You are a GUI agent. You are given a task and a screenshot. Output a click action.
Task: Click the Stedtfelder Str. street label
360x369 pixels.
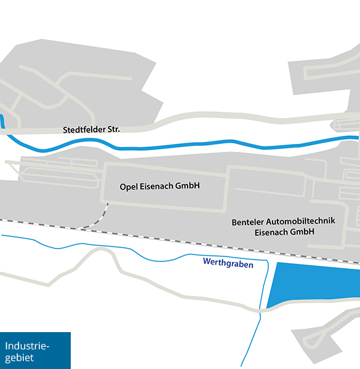pyautogui.click(x=91, y=130)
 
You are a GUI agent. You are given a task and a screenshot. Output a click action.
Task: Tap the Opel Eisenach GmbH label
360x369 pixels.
pyautogui.click(x=160, y=185)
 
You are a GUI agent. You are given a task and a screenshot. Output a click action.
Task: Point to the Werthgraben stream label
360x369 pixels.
pyautogui.click(x=228, y=263)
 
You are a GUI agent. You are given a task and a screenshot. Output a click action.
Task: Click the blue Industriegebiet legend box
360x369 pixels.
pyautogui.click(x=35, y=351)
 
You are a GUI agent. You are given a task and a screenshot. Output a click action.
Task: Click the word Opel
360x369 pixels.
pyautogui.click(x=128, y=185)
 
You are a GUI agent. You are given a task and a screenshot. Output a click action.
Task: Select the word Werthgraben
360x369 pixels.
pyautogui.click(x=228, y=263)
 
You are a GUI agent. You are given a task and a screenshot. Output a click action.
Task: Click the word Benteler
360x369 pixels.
pyautogui.click(x=247, y=221)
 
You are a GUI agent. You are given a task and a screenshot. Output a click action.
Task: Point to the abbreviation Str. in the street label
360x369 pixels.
pyautogui.click(x=113, y=130)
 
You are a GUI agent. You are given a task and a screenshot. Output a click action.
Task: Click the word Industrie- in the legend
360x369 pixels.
pyautogui.click(x=26, y=346)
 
